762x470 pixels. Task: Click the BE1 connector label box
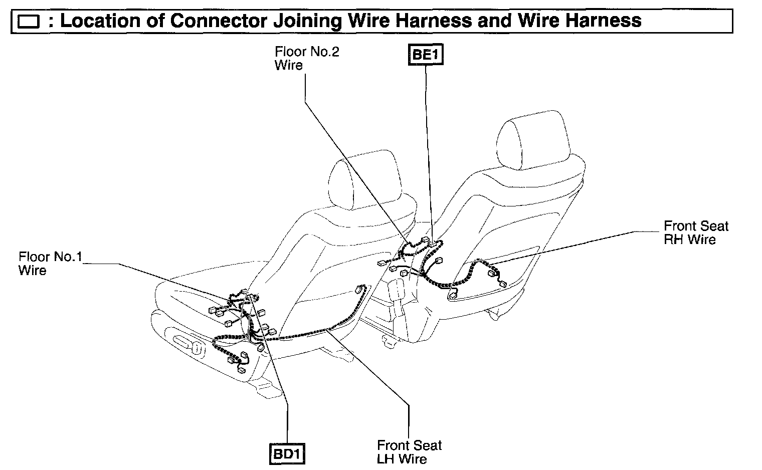tap(425, 55)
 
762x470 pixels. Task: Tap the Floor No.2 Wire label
tap(306, 59)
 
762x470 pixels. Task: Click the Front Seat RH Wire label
tap(696, 232)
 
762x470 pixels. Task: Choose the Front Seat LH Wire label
tap(409, 451)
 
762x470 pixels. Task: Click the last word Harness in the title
tap(601, 21)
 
